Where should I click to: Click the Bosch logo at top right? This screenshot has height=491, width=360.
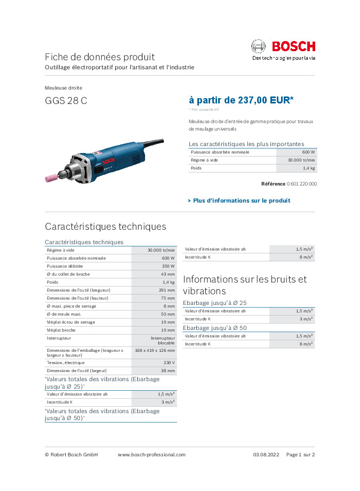(x=283, y=47)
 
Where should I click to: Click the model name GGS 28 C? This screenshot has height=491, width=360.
(x=66, y=101)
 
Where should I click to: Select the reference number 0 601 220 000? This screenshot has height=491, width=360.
(x=302, y=183)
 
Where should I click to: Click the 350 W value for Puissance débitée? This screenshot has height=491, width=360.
(x=168, y=265)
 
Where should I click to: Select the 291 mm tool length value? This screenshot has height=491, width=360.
(x=166, y=290)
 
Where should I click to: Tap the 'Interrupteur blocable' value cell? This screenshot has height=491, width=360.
(x=162, y=340)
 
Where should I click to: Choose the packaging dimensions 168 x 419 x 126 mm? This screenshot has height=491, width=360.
(x=155, y=350)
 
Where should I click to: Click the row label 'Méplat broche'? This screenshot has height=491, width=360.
(x=61, y=330)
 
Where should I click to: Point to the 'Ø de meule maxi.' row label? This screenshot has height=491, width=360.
(x=66, y=314)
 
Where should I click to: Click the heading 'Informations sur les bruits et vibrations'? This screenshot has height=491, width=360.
(x=244, y=285)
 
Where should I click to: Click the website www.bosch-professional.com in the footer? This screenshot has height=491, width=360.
(x=151, y=455)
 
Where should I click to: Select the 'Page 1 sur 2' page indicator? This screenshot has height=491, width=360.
(x=300, y=455)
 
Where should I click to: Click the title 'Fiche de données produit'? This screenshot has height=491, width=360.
(x=100, y=57)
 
